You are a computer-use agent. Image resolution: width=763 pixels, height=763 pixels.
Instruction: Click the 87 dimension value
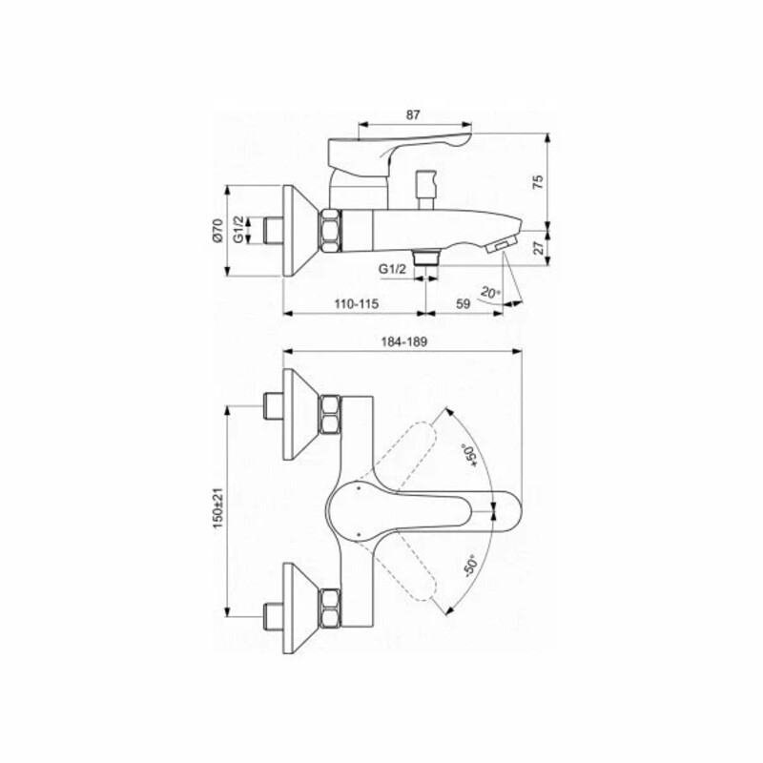[x=413, y=115]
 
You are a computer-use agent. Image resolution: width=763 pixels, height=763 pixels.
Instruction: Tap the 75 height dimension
[x=537, y=182]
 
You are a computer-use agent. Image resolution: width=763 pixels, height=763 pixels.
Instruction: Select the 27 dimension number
[x=538, y=248]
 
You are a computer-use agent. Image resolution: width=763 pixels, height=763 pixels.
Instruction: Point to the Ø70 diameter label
[x=217, y=230]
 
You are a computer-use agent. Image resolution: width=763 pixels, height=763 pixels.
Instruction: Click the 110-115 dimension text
[x=356, y=303]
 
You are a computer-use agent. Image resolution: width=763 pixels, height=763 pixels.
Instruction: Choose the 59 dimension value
[x=464, y=303]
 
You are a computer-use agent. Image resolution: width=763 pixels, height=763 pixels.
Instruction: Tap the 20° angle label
[x=490, y=293]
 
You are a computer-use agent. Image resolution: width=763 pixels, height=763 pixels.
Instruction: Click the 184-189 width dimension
[x=403, y=342]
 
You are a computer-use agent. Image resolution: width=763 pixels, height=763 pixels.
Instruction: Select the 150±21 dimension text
[x=217, y=508]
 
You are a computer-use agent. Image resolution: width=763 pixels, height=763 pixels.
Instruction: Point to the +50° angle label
[x=469, y=455]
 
